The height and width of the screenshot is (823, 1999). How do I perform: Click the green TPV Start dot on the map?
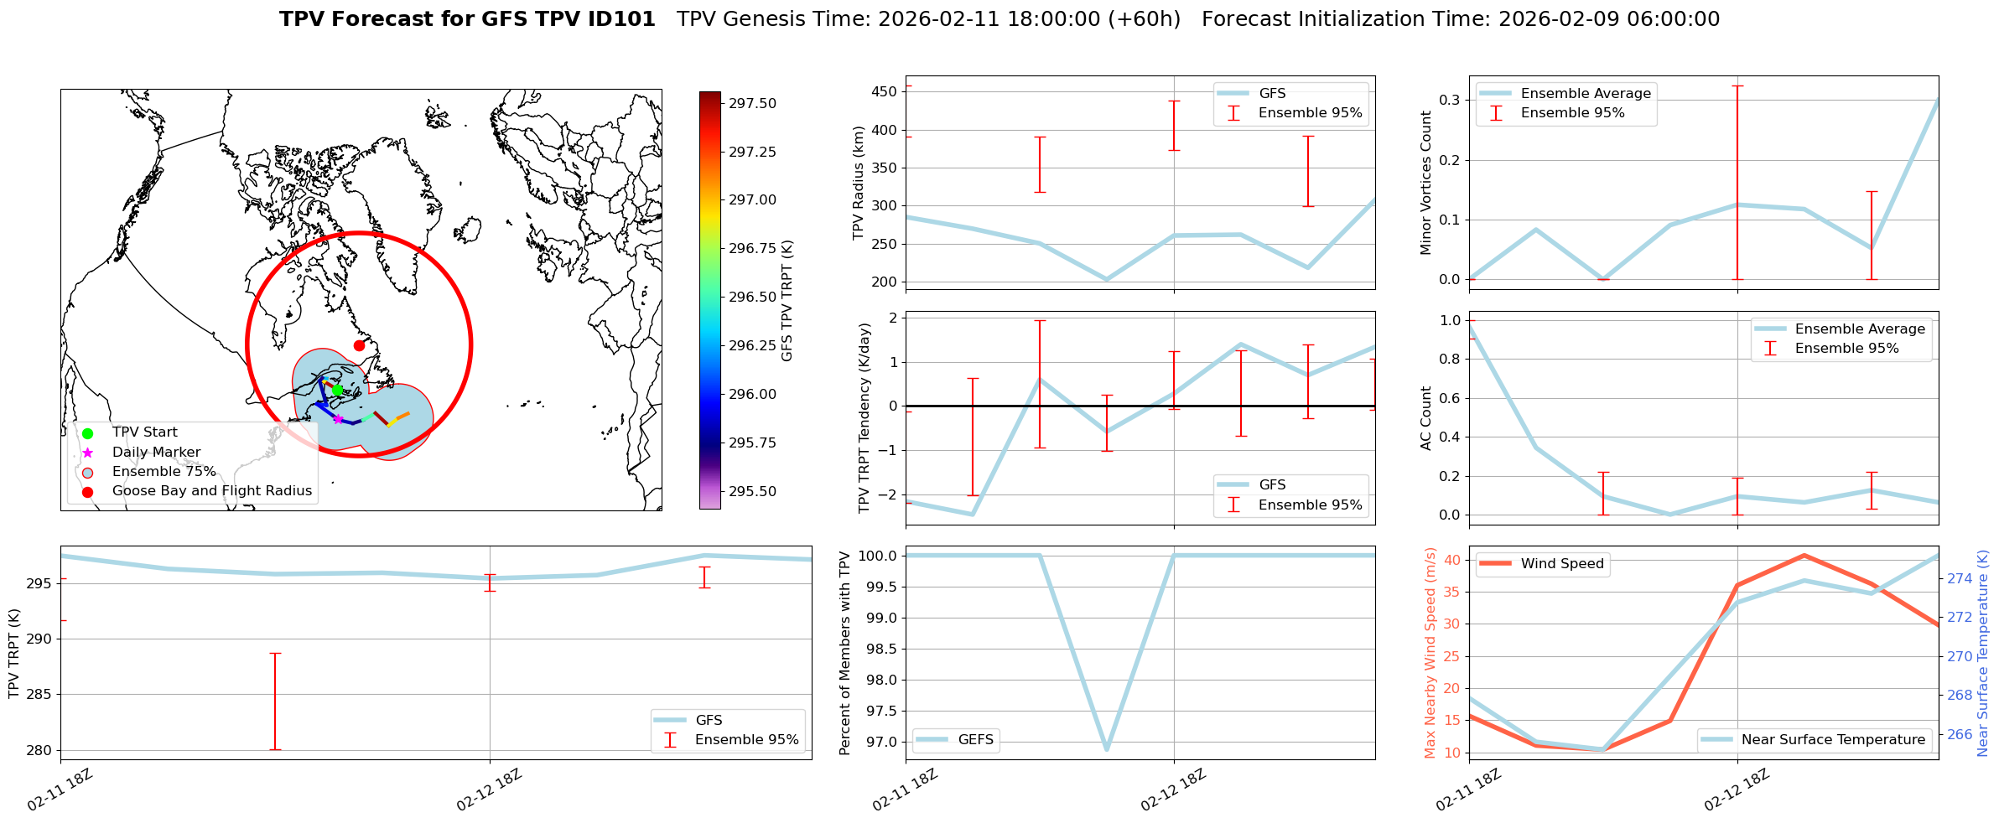[337, 390]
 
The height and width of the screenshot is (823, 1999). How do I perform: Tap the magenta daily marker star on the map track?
[338, 419]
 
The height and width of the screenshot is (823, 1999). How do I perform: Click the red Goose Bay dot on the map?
[359, 345]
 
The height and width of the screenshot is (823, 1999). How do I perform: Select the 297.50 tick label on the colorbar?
[752, 103]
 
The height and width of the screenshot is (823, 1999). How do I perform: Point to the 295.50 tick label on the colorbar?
[752, 491]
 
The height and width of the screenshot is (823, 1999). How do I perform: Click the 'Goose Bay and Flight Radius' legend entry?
[211, 491]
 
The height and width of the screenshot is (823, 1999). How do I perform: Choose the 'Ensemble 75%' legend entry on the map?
[164, 472]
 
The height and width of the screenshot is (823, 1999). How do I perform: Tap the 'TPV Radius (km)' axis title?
[858, 183]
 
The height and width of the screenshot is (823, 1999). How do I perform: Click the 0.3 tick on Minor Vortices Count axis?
[1449, 100]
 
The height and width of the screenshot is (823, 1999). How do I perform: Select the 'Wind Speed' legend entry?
[1561, 564]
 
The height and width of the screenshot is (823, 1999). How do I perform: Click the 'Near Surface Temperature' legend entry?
[1833, 739]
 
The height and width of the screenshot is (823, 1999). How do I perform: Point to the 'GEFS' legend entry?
[975, 739]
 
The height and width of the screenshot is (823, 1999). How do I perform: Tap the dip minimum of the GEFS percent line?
[1107, 748]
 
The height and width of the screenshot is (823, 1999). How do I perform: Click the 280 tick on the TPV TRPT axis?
[39, 750]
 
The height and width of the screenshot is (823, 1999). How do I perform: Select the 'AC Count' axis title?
[1426, 418]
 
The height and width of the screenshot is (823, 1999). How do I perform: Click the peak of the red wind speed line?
[1804, 555]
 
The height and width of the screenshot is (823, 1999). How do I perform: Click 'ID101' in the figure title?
[620, 19]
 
